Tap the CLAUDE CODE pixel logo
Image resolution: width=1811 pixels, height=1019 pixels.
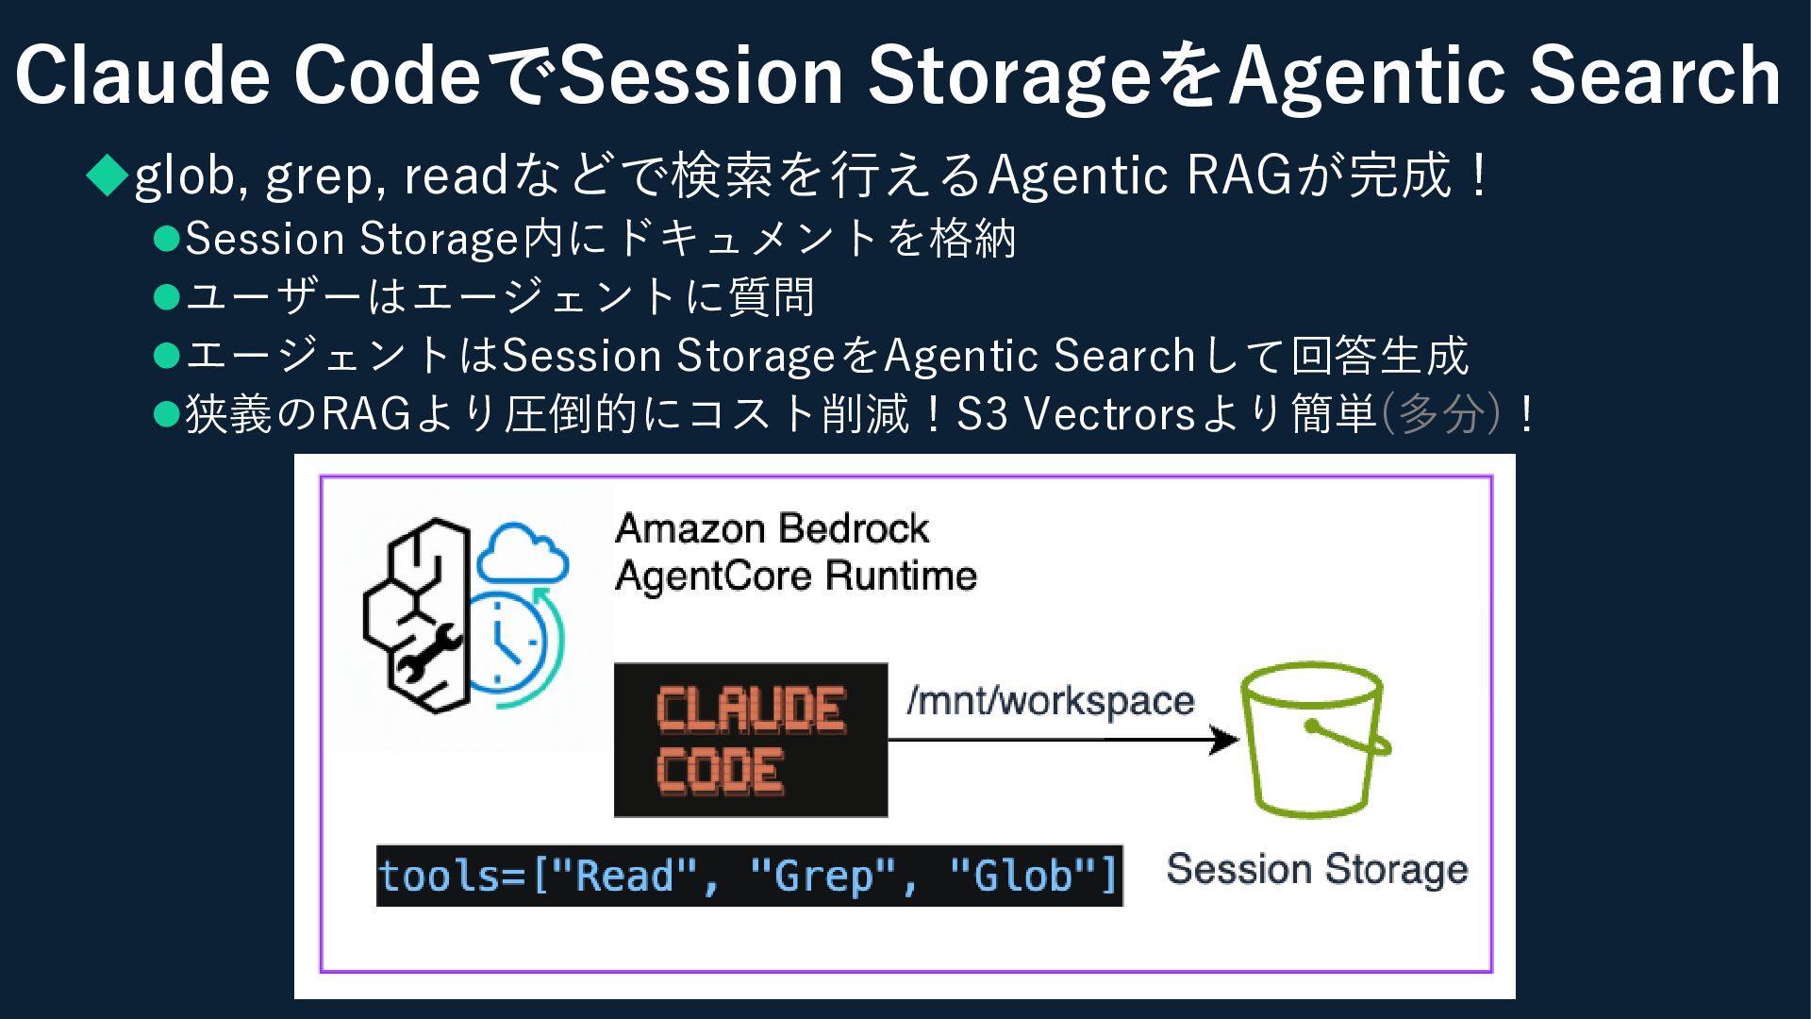[x=750, y=740]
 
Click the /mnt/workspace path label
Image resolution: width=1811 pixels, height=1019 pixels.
[x=1050, y=700]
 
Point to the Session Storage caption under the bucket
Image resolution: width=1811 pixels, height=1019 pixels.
[x=1317, y=869]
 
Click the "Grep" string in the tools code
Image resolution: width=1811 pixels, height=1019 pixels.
[x=823, y=876]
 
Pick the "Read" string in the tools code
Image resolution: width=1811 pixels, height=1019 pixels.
[x=623, y=876]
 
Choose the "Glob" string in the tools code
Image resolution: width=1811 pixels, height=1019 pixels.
[x=1023, y=876]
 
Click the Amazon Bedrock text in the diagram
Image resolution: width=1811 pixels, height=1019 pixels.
[x=772, y=528]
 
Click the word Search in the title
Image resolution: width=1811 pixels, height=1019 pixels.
[x=1654, y=75]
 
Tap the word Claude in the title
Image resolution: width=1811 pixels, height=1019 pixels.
[x=142, y=75]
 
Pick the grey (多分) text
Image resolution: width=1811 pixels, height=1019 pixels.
[x=1439, y=413]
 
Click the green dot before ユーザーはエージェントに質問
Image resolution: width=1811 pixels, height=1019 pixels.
[x=166, y=298]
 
